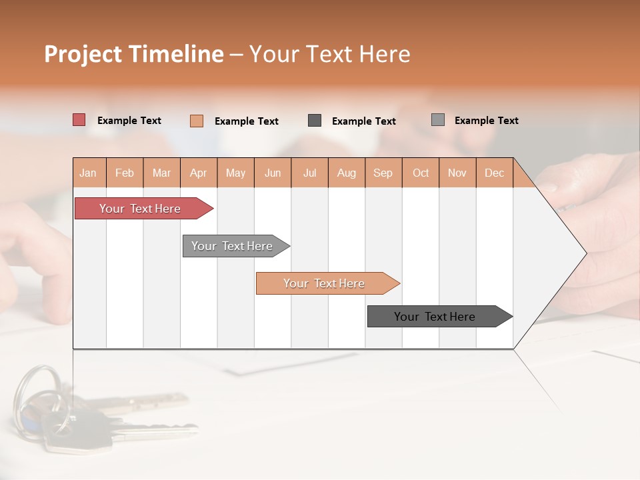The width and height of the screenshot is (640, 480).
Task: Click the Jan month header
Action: (x=89, y=173)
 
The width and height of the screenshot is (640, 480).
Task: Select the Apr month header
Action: (x=199, y=173)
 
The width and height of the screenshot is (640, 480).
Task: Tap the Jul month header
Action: (x=309, y=173)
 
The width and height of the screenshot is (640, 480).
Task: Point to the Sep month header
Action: (x=383, y=173)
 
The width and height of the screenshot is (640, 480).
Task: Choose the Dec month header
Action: (x=494, y=173)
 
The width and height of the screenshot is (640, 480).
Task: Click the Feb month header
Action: (x=125, y=173)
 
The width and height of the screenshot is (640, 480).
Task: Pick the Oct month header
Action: (x=421, y=173)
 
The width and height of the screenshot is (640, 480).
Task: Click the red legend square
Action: (x=79, y=120)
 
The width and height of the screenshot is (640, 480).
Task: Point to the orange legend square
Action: (x=197, y=121)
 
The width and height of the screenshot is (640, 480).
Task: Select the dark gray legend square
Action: (x=315, y=121)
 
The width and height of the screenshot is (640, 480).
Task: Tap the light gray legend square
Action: (x=438, y=120)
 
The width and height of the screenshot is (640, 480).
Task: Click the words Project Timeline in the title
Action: (x=134, y=54)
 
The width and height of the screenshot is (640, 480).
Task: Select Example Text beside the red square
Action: (x=129, y=121)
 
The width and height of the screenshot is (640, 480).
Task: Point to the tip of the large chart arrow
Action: (x=585, y=253)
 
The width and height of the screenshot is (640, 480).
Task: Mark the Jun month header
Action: (x=273, y=173)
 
